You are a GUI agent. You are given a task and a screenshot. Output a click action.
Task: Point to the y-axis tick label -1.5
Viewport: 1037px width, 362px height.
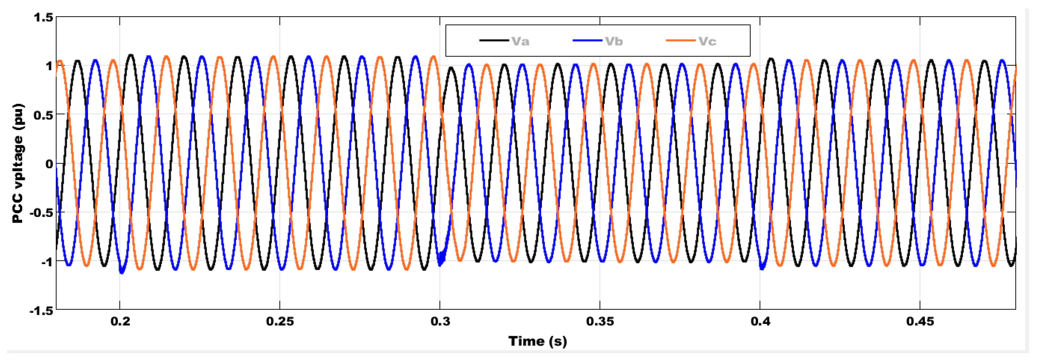pos(41,311)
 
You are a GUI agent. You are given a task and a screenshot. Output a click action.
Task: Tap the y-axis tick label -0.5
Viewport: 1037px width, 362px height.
pos(41,213)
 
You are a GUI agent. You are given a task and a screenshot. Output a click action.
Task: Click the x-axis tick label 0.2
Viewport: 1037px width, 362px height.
pos(120,321)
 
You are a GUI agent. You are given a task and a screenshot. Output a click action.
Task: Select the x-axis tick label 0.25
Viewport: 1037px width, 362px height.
pos(280,321)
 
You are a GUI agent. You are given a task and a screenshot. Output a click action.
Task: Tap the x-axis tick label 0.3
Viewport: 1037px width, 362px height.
pos(440,321)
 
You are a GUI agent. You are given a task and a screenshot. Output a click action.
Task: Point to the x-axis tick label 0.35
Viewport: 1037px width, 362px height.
pos(600,321)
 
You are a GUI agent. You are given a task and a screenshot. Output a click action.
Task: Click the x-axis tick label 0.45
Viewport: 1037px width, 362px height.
pos(920,321)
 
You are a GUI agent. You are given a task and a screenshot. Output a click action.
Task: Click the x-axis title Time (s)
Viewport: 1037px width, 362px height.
pos(537,341)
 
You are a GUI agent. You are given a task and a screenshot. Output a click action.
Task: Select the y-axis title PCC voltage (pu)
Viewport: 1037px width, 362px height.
pos(18,163)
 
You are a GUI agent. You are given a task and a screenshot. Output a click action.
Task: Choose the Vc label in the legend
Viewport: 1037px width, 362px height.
pos(707,41)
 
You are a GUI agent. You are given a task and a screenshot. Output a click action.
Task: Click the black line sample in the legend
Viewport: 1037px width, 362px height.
pos(493,41)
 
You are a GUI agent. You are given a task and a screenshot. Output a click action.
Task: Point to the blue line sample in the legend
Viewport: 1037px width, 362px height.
pos(587,41)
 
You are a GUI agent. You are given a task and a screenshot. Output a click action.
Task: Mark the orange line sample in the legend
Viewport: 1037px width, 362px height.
pos(680,41)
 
